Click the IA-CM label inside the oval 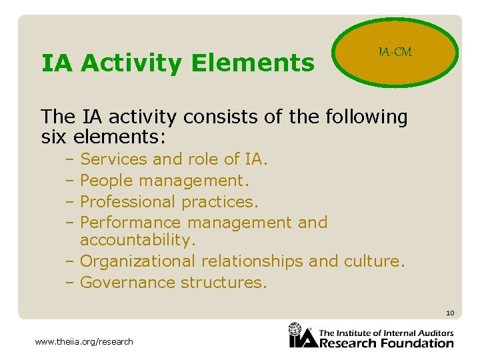coord(395,52)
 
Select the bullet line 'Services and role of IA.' coord(173,159)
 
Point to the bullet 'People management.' coord(164,181)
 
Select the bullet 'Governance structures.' coord(173,282)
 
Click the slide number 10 coord(450,313)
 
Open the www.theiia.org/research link coord(84,342)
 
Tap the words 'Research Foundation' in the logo coord(387,343)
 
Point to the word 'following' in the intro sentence coord(366,117)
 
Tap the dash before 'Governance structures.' coord(70,282)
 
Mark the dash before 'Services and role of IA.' coord(70,159)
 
